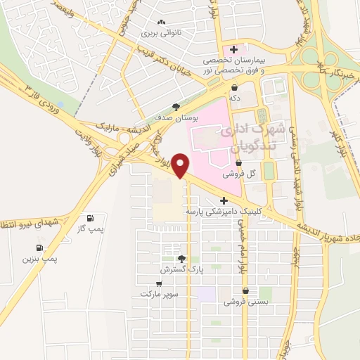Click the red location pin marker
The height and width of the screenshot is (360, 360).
[181, 165]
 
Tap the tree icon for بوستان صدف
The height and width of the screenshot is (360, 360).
[175, 106]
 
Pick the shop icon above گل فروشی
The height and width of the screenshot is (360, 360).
[238, 163]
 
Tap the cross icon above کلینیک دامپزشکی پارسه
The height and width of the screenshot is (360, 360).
[224, 200]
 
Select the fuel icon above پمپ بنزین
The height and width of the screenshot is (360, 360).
[39, 247]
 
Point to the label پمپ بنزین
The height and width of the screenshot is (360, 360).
[39, 259]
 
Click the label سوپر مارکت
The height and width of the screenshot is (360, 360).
[158, 292]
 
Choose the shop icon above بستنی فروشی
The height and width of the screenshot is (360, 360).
[245, 291]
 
